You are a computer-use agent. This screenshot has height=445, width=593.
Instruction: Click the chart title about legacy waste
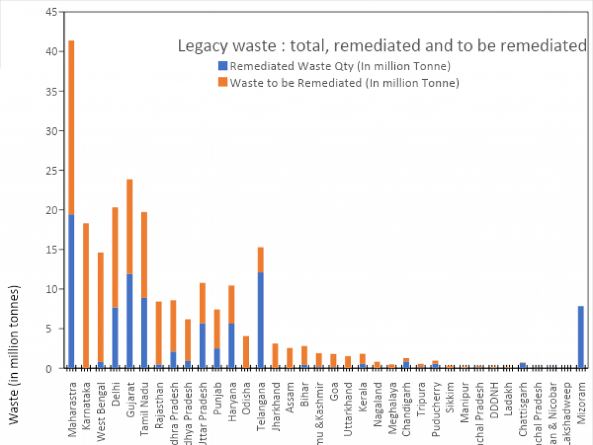click(382, 46)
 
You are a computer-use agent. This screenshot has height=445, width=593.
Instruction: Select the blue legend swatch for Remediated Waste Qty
click(222, 66)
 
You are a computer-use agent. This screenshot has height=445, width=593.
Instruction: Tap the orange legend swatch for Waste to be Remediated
click(222, 83)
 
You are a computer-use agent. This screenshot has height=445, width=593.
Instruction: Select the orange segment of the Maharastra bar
click(71, 127)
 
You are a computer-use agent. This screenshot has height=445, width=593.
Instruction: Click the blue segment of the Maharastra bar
click(71, 289)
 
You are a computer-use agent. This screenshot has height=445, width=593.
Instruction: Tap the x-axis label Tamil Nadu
click(144, 399)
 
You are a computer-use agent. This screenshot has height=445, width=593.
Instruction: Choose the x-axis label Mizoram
click(581, 396)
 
